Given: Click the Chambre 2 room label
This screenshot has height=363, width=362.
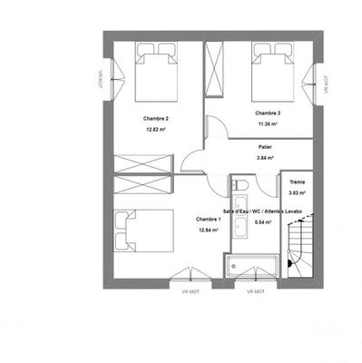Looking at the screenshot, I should coord(156,119).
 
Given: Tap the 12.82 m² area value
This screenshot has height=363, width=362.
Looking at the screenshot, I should coord(156,130).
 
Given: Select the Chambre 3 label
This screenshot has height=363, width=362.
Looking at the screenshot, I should coord(268,113).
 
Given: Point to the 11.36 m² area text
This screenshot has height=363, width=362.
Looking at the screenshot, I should coord(268,123).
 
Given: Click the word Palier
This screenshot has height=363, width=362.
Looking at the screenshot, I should coord(265,147).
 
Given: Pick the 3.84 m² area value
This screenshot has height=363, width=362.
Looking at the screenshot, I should coord(265,158).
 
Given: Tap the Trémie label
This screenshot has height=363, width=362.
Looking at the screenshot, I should coord(296,182).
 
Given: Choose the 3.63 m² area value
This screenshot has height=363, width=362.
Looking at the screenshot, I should coord(296,193).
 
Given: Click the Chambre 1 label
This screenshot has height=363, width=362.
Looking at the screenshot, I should coord(210,219).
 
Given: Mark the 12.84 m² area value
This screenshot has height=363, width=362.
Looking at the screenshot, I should coord(210,230).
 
